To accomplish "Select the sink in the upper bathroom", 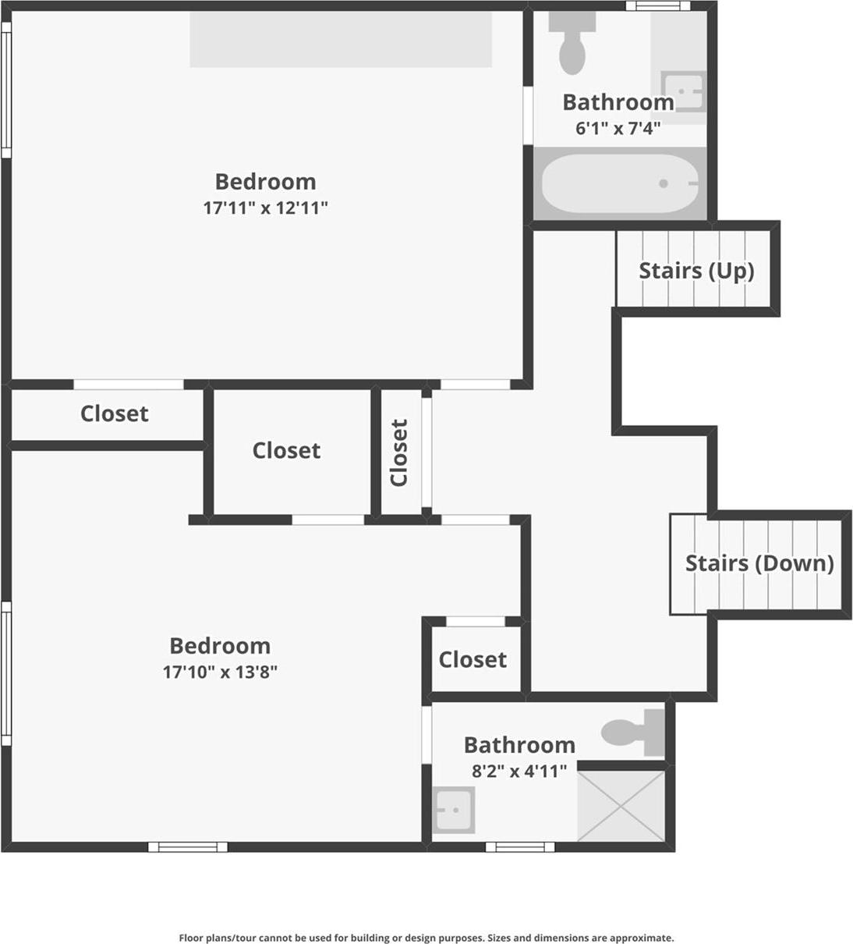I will point(684,91).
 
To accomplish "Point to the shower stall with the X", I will point(621,805).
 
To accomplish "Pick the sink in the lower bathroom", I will point(453,810).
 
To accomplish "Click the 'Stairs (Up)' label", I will point(696,271).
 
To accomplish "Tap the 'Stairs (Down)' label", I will point(759,562).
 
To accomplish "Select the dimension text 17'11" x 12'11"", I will point(265,208).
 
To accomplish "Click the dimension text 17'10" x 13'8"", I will point(220,671).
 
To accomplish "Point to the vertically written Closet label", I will point(398,452).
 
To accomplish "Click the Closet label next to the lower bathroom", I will point(473,659).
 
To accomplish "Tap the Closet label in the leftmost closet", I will point(114,413).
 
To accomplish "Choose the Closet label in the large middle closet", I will point(286,450).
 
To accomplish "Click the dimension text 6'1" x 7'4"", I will point(618,128).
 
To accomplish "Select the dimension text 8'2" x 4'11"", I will point(519,771).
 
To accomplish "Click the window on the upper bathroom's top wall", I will point(658,6).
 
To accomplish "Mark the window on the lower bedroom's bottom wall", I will point(187,846).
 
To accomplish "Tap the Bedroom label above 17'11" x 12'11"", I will point(265,182).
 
